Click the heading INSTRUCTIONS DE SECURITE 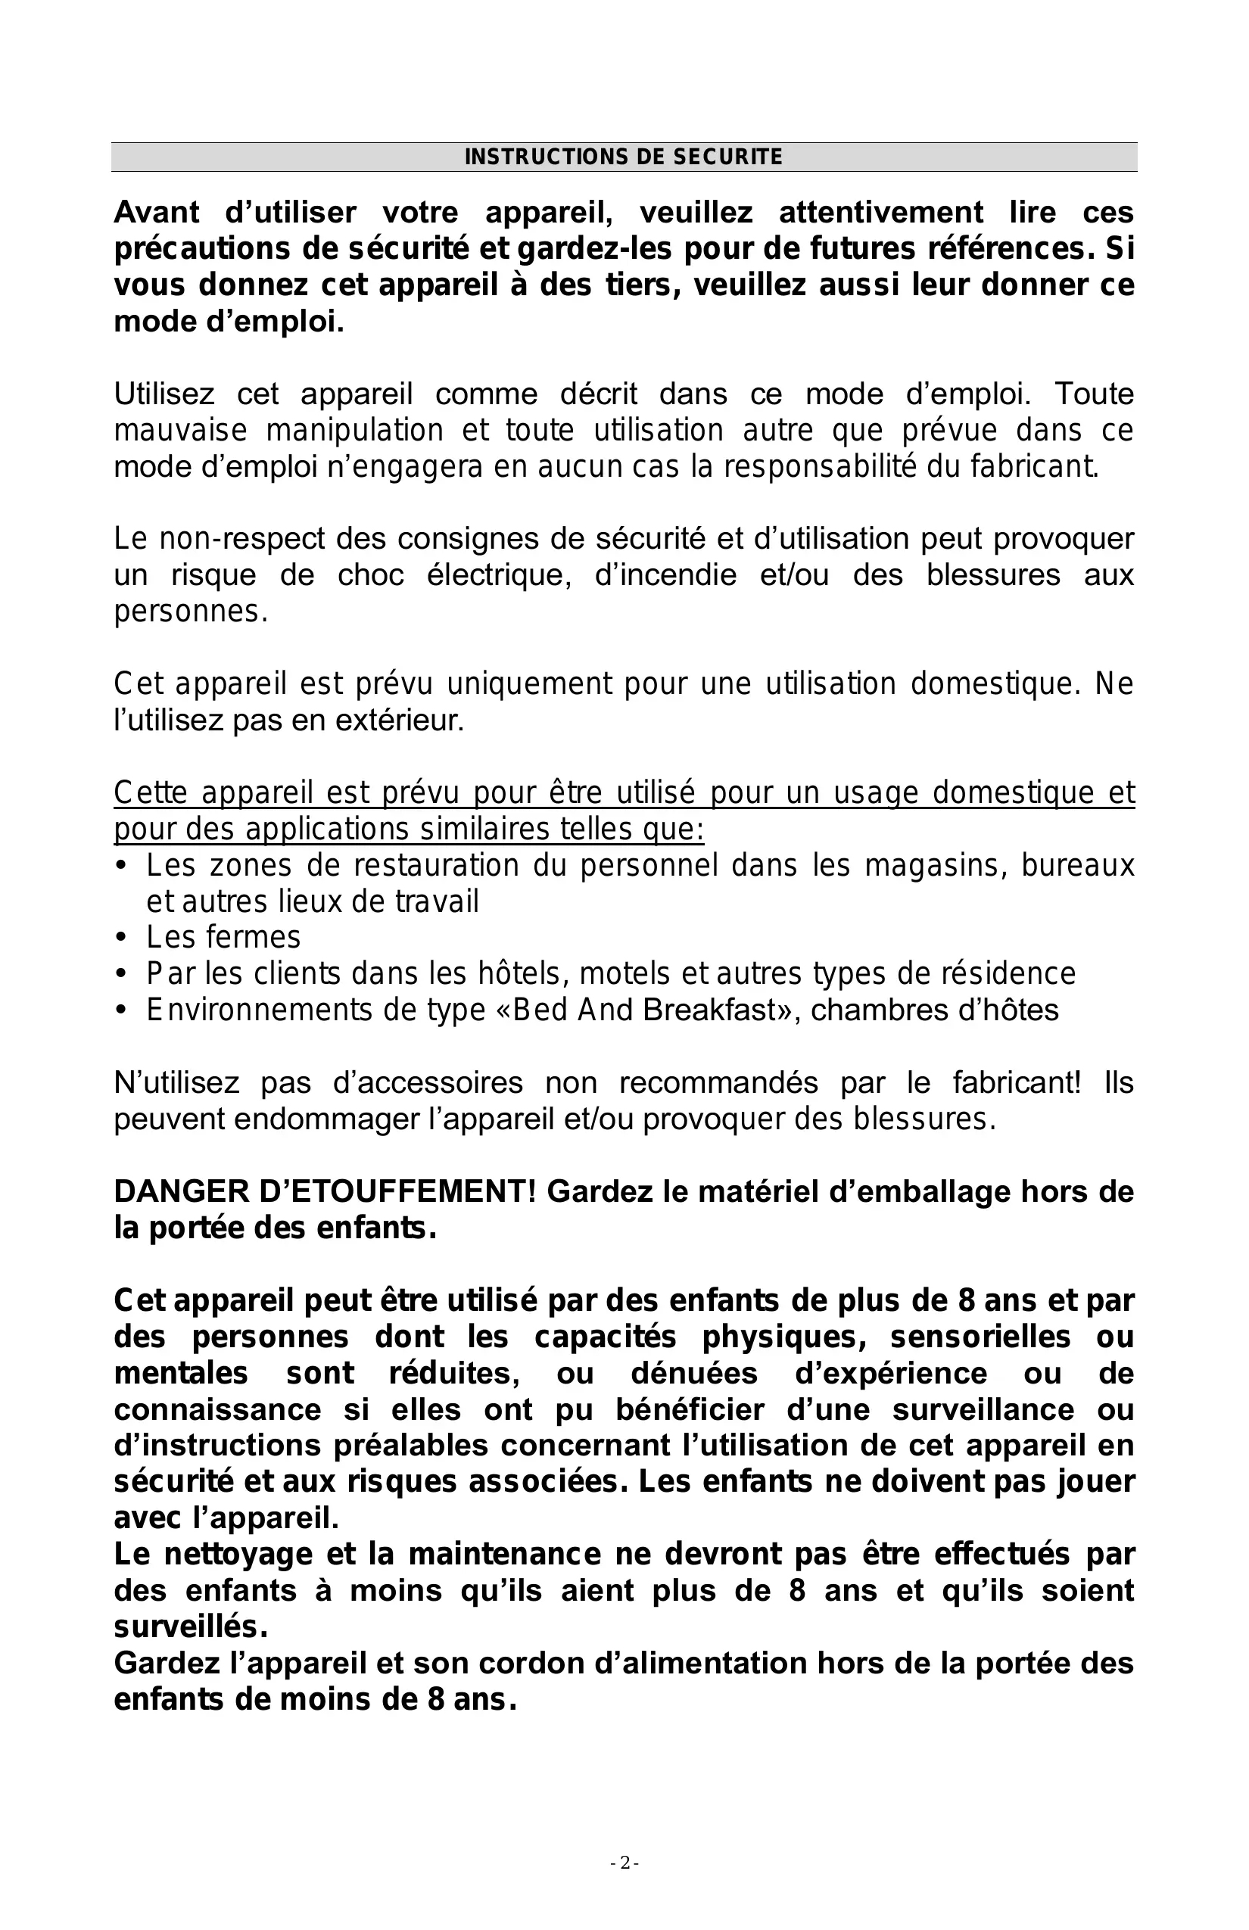click(x=623, y=157)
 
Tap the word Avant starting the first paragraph click(x=157, y=213)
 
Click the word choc click(x=371, y=575)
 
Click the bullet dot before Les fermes click(x=122, y=939)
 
